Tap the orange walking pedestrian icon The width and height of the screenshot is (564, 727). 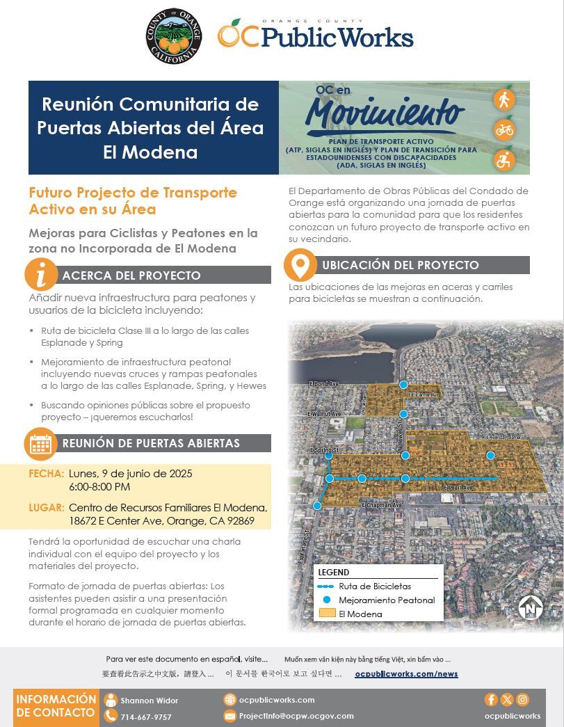pos(504,99)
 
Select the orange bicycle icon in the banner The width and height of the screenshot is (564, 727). pos(504,129)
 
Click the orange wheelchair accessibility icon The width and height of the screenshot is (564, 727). pos(504,160)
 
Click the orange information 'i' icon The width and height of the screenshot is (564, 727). pos(41,274)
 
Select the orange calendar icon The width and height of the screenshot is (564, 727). pos(41,444)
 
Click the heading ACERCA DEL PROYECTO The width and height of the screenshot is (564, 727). pos(131,275)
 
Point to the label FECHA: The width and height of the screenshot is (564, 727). pos(47,474)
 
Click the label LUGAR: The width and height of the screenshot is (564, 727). pos(47,508)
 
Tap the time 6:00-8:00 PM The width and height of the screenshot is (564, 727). pos(99,486)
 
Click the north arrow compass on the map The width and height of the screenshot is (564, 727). pos(531,607)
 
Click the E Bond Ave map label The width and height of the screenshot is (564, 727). pos(323,384)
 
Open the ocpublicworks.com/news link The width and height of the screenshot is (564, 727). pos(406,673)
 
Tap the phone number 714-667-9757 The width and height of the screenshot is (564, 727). pos(145,717)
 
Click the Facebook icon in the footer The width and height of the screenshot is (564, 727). pos(491,700)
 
